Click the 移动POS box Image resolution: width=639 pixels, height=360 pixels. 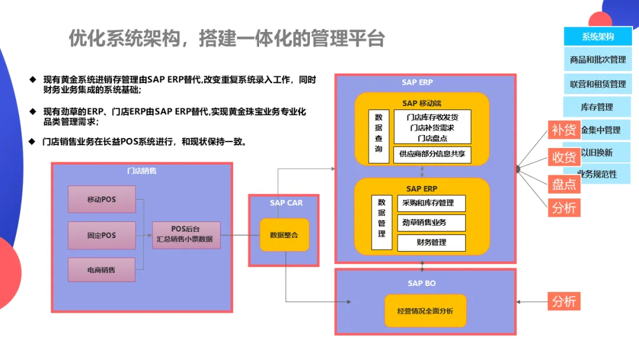102,200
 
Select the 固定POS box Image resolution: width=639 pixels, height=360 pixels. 102,235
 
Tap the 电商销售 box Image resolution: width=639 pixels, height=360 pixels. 102,270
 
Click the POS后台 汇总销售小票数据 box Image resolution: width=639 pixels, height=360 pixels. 186,235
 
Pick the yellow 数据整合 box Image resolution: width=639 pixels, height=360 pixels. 284,235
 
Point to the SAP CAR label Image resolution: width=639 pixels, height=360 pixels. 286,203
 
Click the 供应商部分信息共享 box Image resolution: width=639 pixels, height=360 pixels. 432,155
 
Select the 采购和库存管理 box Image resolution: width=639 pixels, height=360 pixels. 431,203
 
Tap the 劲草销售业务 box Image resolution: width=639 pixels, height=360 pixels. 431,223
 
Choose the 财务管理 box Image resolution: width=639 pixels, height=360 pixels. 431,242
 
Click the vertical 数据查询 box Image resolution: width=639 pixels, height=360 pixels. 379,136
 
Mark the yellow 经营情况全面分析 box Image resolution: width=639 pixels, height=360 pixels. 425,311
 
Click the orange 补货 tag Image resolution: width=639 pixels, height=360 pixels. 564,130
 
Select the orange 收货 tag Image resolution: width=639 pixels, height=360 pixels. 564,157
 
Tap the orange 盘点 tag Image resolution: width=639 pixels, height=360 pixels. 564,184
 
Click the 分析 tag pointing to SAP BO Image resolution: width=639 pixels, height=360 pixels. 563,301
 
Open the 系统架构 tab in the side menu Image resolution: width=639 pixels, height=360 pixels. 598,37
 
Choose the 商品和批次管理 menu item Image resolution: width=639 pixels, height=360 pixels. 598,60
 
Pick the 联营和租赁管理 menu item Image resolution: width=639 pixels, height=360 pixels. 598,84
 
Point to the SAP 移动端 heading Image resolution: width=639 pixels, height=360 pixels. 422,102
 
